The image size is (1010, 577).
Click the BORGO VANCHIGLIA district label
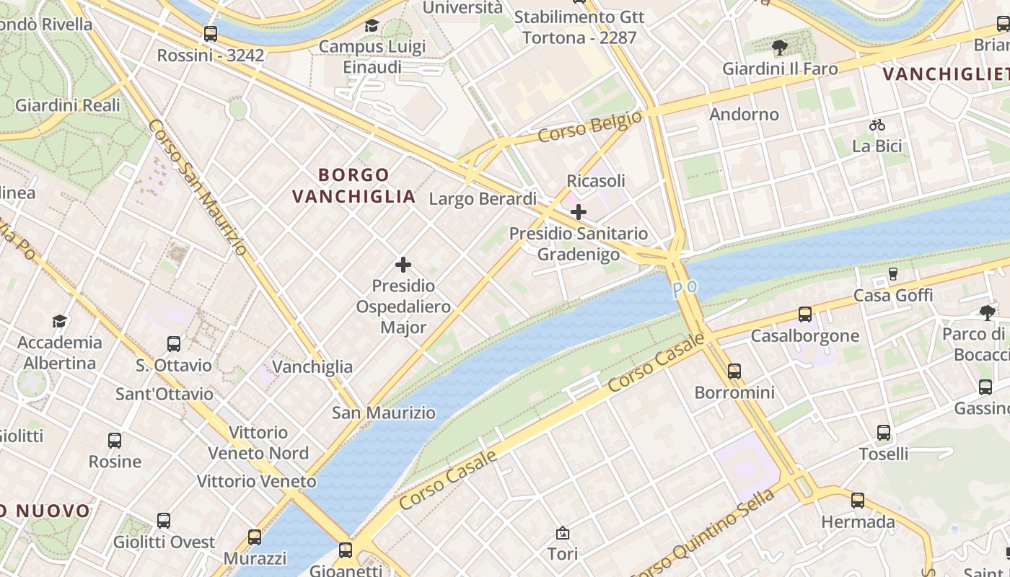(354, 185)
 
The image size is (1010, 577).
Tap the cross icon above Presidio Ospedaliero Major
(403, 265)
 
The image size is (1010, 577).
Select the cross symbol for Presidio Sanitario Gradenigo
(579, 212)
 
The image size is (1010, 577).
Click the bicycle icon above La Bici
(877, 125)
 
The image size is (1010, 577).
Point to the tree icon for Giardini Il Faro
(779, 48)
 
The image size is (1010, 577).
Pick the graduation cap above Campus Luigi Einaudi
(372, 26)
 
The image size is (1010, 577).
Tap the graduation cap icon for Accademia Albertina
(59, 321)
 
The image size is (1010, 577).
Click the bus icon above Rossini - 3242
(211, 34)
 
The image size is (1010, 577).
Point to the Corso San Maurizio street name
(198, 188)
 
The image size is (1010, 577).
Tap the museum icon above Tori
(563, 533)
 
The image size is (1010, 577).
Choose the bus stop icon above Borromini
(734, 371)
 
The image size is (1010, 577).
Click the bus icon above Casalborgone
(805, 314)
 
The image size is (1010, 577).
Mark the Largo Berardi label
(483, 199)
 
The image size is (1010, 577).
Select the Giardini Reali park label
(68, 105)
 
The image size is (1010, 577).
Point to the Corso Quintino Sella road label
(703, 534)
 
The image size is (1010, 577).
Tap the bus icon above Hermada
(857, 500)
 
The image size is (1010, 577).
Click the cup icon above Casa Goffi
(892, 274)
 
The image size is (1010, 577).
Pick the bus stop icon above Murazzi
(255, 537)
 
